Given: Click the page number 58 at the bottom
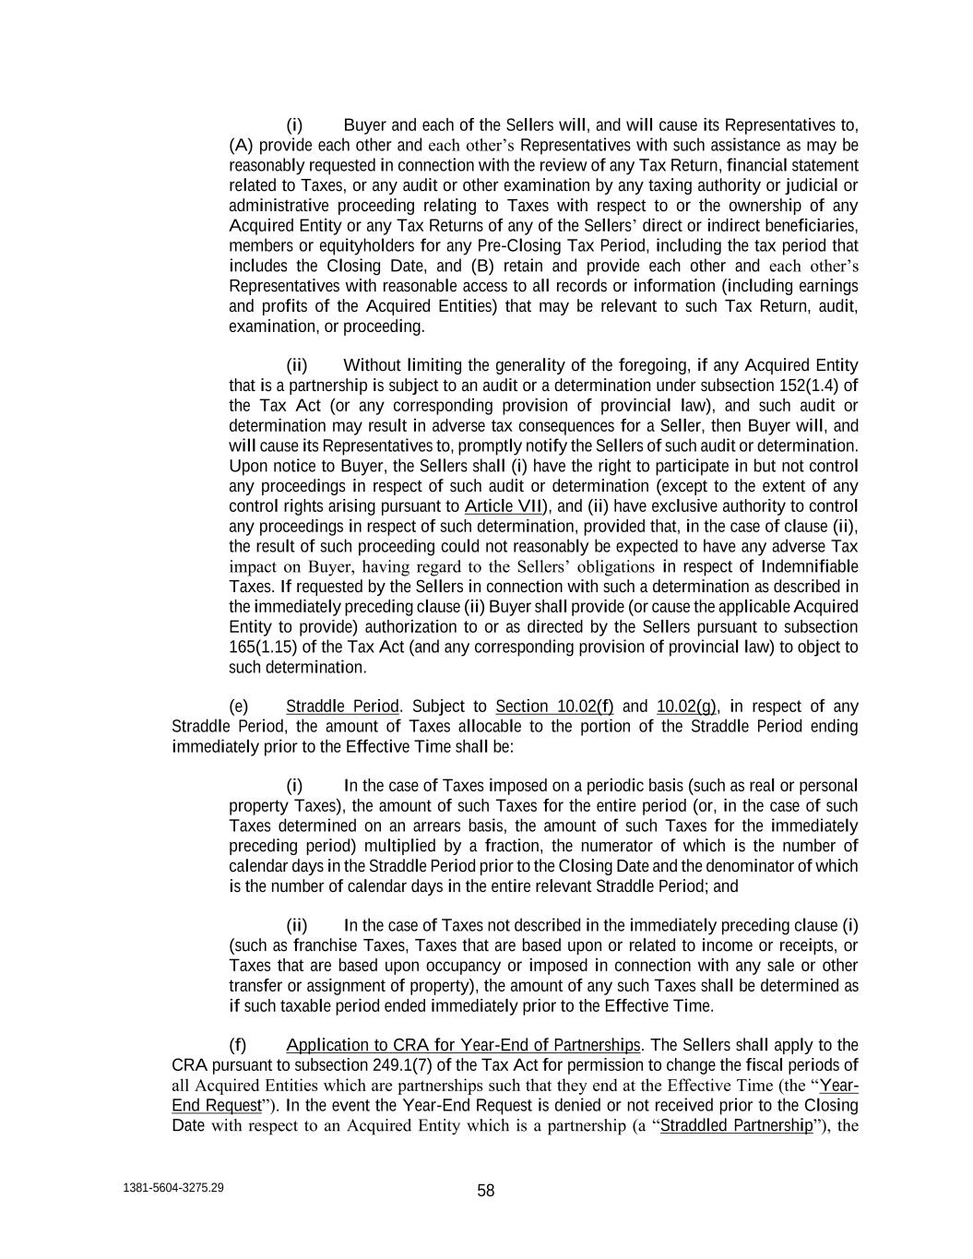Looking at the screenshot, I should click(x=486, y=1191).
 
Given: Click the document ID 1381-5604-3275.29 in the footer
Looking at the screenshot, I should click(x=172, y=1188).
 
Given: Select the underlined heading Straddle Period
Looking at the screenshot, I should click(x=342, y=707).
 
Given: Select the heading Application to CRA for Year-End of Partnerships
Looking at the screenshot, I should click(x=463, y=1045).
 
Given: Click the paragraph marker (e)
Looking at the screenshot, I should click(x=238, y=707).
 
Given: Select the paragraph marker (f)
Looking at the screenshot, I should click(x=238, y=1045).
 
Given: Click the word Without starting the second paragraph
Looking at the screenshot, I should click(x=373, y=365).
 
